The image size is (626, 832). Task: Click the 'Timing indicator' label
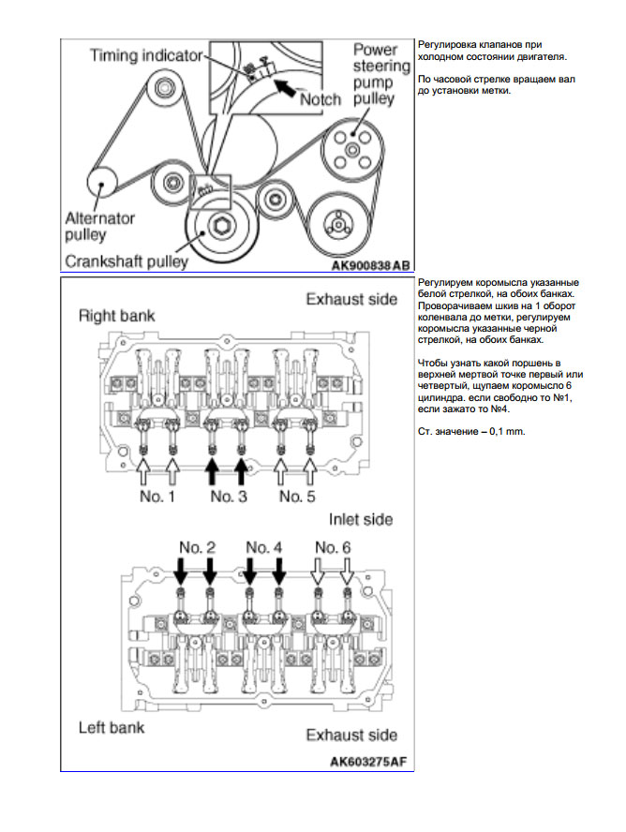144,56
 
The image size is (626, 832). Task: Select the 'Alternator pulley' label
100,226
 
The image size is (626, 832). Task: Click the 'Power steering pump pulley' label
380,74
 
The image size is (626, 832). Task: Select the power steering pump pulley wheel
349,149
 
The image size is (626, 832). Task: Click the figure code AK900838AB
371,265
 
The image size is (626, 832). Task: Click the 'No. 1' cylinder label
157,496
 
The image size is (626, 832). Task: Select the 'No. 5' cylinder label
297,496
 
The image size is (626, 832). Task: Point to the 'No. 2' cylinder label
194,546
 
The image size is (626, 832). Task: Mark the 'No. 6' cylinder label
333,546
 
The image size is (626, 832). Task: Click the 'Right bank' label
116,316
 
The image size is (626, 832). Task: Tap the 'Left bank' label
111,726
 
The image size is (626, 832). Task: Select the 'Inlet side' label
360,519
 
